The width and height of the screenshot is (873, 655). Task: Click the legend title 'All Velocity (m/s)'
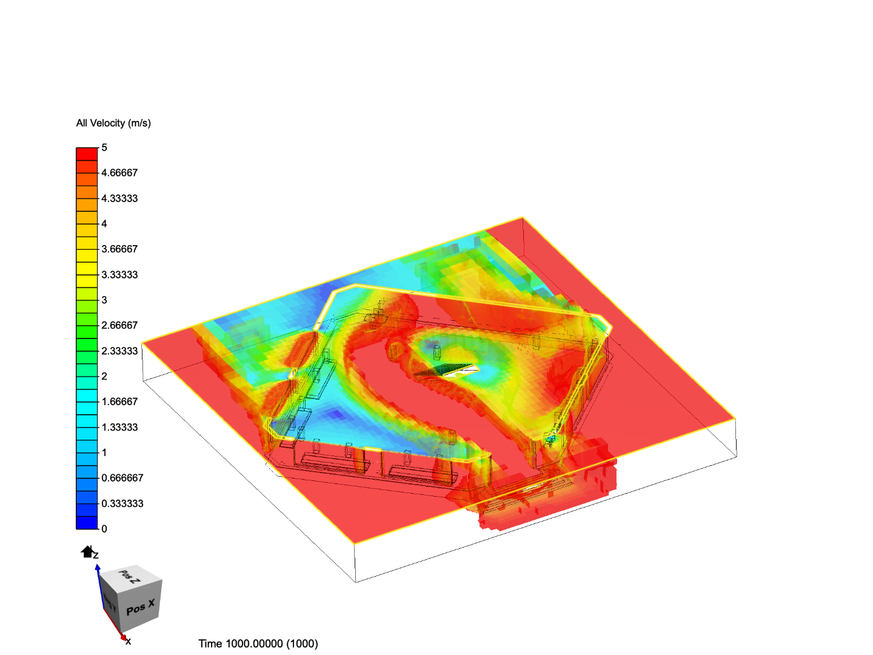[x=113, y=123]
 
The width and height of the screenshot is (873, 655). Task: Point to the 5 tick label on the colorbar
[x=104, y=147]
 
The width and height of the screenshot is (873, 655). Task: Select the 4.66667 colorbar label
[x=119, y=173]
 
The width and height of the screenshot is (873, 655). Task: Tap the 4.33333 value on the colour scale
[x=119, y=198]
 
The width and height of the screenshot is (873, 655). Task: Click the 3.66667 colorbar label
[x=119, y=249]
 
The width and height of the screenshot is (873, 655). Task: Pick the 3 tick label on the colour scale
[x=104, y=300]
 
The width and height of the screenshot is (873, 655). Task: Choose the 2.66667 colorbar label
[x=119, y=325]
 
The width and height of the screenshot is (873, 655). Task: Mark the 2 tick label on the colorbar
[x=104, y=376]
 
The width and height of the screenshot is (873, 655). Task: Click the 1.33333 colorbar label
[x=119, y=427]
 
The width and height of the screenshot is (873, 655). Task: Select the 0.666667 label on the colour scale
[x=122, y=478]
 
